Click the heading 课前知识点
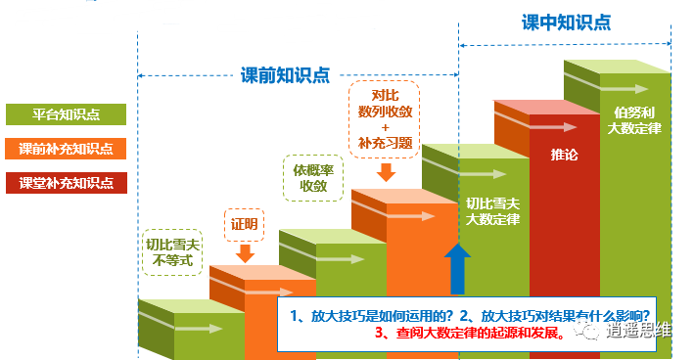285,74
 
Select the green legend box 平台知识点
66,114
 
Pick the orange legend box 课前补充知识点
66,149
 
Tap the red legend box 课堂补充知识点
66,183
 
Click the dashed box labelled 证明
245,225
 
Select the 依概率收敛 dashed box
312,177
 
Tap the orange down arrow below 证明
245,252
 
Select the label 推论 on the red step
564,155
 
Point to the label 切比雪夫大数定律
492,211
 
